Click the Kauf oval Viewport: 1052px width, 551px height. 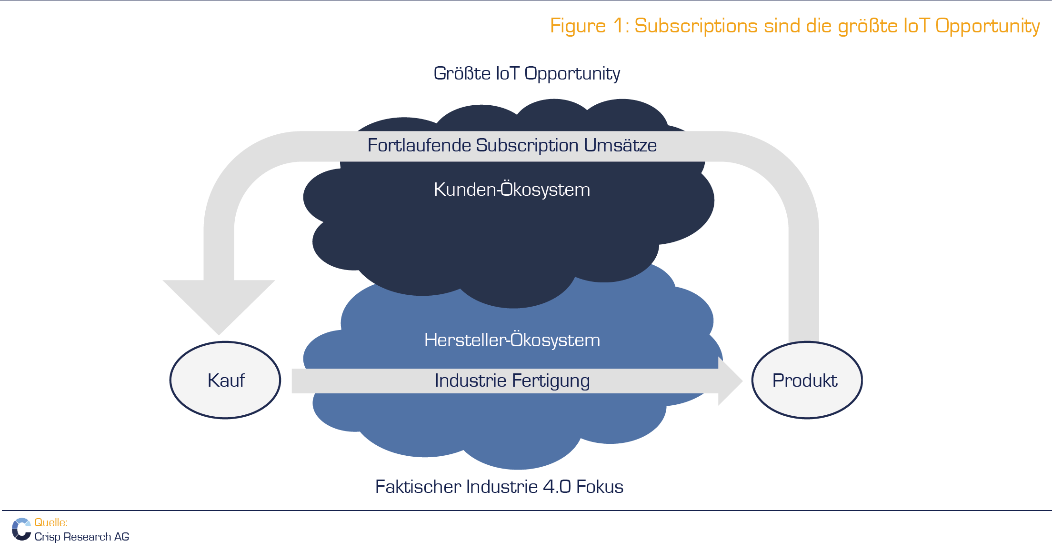[x=225, y=380]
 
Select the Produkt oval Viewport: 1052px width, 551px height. [x=807, y=380]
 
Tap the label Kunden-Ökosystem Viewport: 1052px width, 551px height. [x=512, y=190]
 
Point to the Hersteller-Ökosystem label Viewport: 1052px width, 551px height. [x=512, y=340]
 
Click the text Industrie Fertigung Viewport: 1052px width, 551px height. [x=512, y=381]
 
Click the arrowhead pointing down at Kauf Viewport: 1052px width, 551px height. [x=219, y=307]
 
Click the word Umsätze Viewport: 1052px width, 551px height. [x=621, y=145]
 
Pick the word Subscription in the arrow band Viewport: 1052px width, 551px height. [x=527, y=146]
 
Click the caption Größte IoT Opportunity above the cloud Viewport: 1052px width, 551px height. [x=527, y=74]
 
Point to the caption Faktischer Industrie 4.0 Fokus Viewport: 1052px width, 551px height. [x=499, y=487]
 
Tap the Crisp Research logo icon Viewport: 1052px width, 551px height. [x=21, y=530]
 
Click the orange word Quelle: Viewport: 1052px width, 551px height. [x=51, y=522]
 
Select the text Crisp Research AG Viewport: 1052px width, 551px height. [x=82, y=537]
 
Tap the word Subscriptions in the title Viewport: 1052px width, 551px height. [x=696, y=26]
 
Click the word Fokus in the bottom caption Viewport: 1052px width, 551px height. [x=600, y=487]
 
